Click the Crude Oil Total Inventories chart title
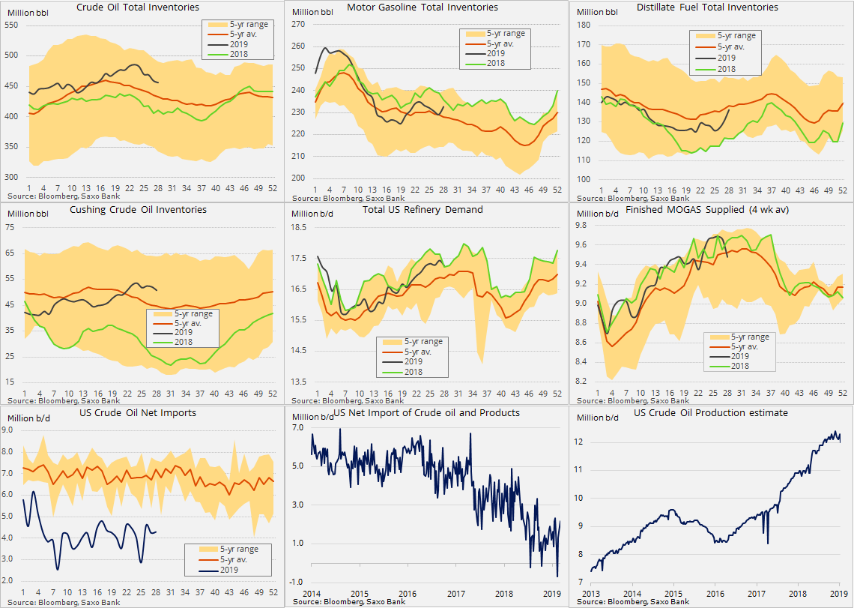tap(139, 7)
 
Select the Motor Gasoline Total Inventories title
tap(423, 7)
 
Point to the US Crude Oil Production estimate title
tap(711, 413)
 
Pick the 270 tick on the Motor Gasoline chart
tap(299, 25)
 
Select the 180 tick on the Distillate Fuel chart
tap(583, 25)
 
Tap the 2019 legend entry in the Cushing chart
tap(179, 332)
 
